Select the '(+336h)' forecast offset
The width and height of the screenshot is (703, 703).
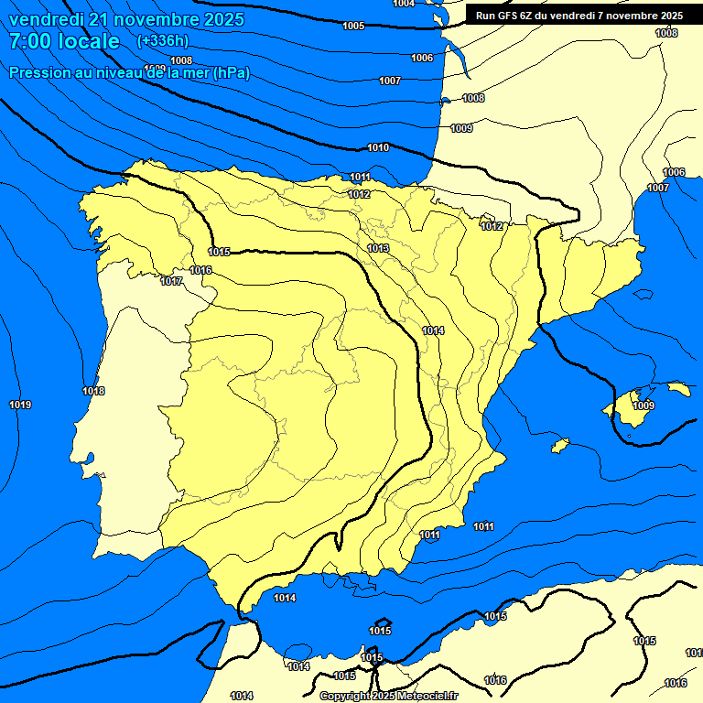click(x=162, y=41)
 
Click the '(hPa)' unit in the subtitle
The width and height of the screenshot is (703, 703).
click(x=231, y=73)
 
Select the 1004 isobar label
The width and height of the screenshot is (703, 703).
click(x=403, y=4)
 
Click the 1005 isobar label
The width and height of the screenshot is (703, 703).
click(x=353, y=27)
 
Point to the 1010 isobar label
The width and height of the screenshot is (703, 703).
click(x=378, y=148)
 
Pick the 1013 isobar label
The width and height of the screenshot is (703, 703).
click(x=378, y=249)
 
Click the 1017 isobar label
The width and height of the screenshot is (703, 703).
click(x=171, y=281)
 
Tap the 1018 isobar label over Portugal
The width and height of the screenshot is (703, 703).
click(x=93, y=392)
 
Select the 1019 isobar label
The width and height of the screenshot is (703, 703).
click(x=20, y=406)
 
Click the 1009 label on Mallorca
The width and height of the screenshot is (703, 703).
click(x=644, y=406)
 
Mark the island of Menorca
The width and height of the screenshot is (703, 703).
click(x=678, y=389)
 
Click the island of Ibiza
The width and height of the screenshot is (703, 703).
click(x=560, y=445)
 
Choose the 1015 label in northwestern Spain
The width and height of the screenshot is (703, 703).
click(x=219, y=252)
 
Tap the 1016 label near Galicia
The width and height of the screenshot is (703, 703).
click(x=201, y=270)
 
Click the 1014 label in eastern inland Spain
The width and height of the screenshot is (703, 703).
click(x=433, y=330)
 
